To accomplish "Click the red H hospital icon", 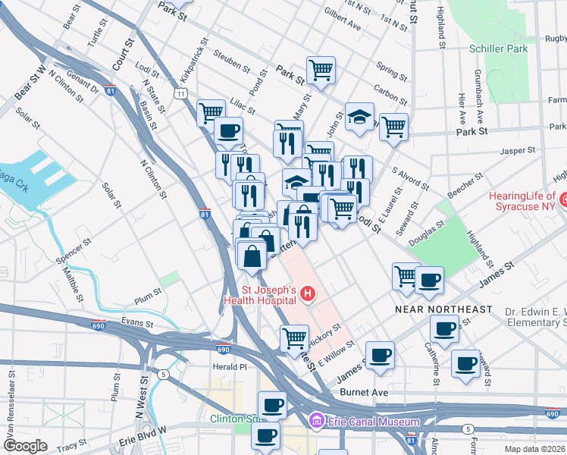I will (307, 293).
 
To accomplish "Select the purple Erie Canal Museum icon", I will (315, 421).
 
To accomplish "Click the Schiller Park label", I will (497, 48).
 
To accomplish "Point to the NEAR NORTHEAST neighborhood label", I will (443, 310).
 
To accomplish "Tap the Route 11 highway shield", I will (180, 93).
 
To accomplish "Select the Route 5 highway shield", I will (162, 374).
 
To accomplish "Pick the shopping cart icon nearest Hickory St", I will (294, 338).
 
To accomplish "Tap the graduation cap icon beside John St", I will (359, 117).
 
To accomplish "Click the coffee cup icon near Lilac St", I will (227, 130).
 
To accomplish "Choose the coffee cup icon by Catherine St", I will (444, 329).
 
